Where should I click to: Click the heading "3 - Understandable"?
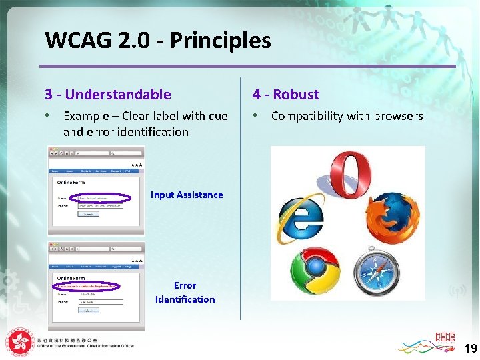coord(107,95)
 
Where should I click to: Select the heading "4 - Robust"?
coord(286,95)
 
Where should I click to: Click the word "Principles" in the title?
coord(221,41)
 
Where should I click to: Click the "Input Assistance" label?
coord(187,195)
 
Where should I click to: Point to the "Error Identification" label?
coord(185,292)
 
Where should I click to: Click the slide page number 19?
coord(470,348)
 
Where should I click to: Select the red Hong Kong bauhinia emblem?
coord(21,343)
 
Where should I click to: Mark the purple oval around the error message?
coord(87,286)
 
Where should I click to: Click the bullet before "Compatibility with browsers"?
coord(256,115)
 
